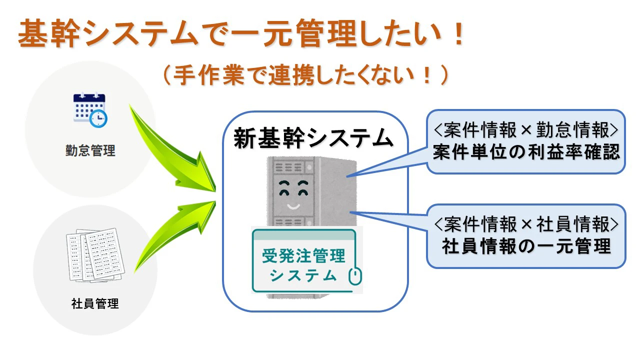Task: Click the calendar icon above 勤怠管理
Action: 90,110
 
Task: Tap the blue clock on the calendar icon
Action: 98,118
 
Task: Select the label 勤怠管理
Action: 90,150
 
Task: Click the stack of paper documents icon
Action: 95,255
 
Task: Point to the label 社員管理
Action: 95,303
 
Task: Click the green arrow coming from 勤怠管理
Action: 171,154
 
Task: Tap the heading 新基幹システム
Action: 313,138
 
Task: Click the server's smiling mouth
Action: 293,206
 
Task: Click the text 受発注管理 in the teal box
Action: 303,255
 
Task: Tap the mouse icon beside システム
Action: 355,276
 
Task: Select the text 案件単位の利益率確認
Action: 526,152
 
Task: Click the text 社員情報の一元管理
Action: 526,246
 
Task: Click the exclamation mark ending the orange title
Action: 459,33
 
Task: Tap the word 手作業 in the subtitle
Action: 208,75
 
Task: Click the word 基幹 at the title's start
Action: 48,33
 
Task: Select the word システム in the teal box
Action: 303,275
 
